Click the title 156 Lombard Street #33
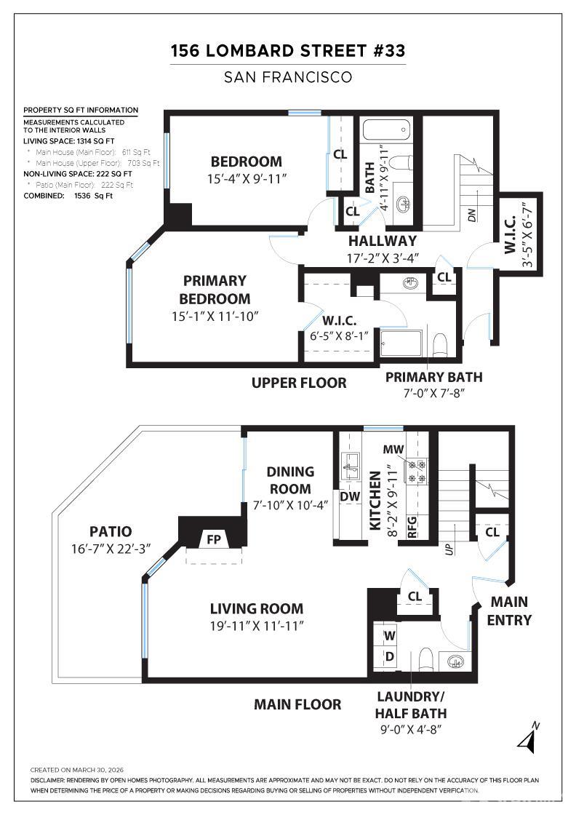tap(288, 51)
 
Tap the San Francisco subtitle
tap(288, 76)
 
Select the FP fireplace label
tap(214, 539)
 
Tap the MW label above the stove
tap(398, 450)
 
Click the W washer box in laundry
tap(390, 635)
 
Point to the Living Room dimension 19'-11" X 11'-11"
tap(257, 625)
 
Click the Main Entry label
tap(509, 611)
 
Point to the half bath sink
tap(456, 662)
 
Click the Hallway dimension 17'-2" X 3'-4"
tap(382, 258)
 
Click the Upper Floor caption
tap(299, 383)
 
